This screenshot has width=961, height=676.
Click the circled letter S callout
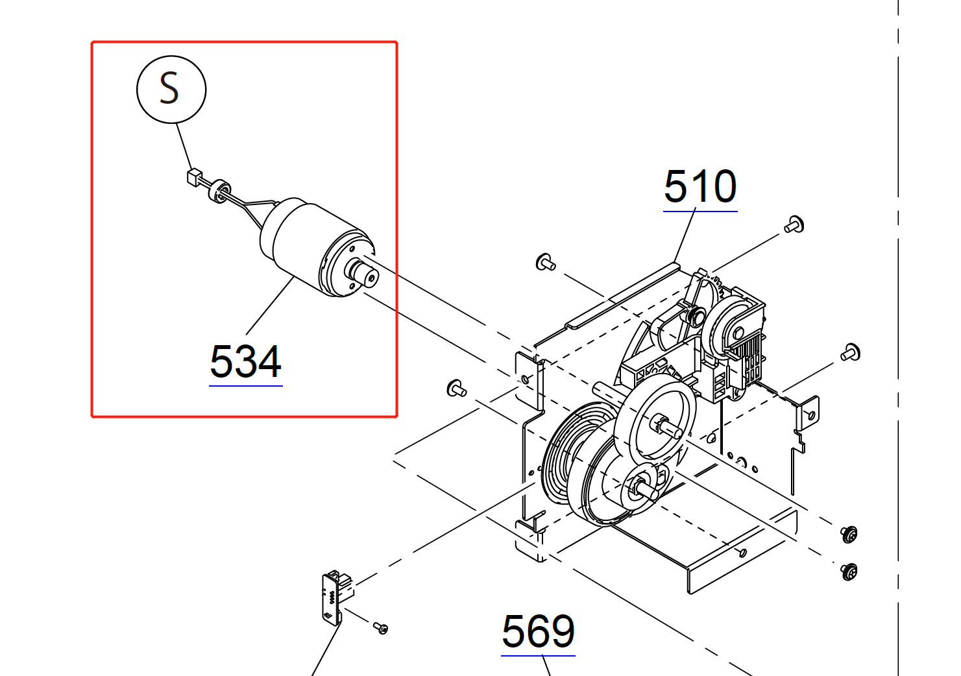tap(171, 89)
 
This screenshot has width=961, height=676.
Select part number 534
tap(246, 362)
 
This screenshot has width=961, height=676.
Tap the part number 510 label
tap(700, 187)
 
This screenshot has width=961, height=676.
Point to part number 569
tap(538, 632)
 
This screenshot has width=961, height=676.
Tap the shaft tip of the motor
tap(371, 277)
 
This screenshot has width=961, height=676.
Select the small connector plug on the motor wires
tap(193, 177)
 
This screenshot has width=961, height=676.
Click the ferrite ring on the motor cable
tap(219, 191)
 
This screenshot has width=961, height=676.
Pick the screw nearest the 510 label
tap(794, 225)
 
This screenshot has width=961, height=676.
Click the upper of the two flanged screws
tap(849, 534)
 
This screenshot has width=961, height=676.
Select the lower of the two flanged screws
tap(849, 572)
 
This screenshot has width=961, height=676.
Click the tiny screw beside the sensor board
tap(381, 627)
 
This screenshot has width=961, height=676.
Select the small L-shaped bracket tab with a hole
tap(809, 413)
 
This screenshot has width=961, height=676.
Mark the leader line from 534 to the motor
tap(269, 306)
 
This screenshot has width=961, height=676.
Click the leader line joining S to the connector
tap(184, 147)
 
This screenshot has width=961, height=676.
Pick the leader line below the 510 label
tap(685, 237)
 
